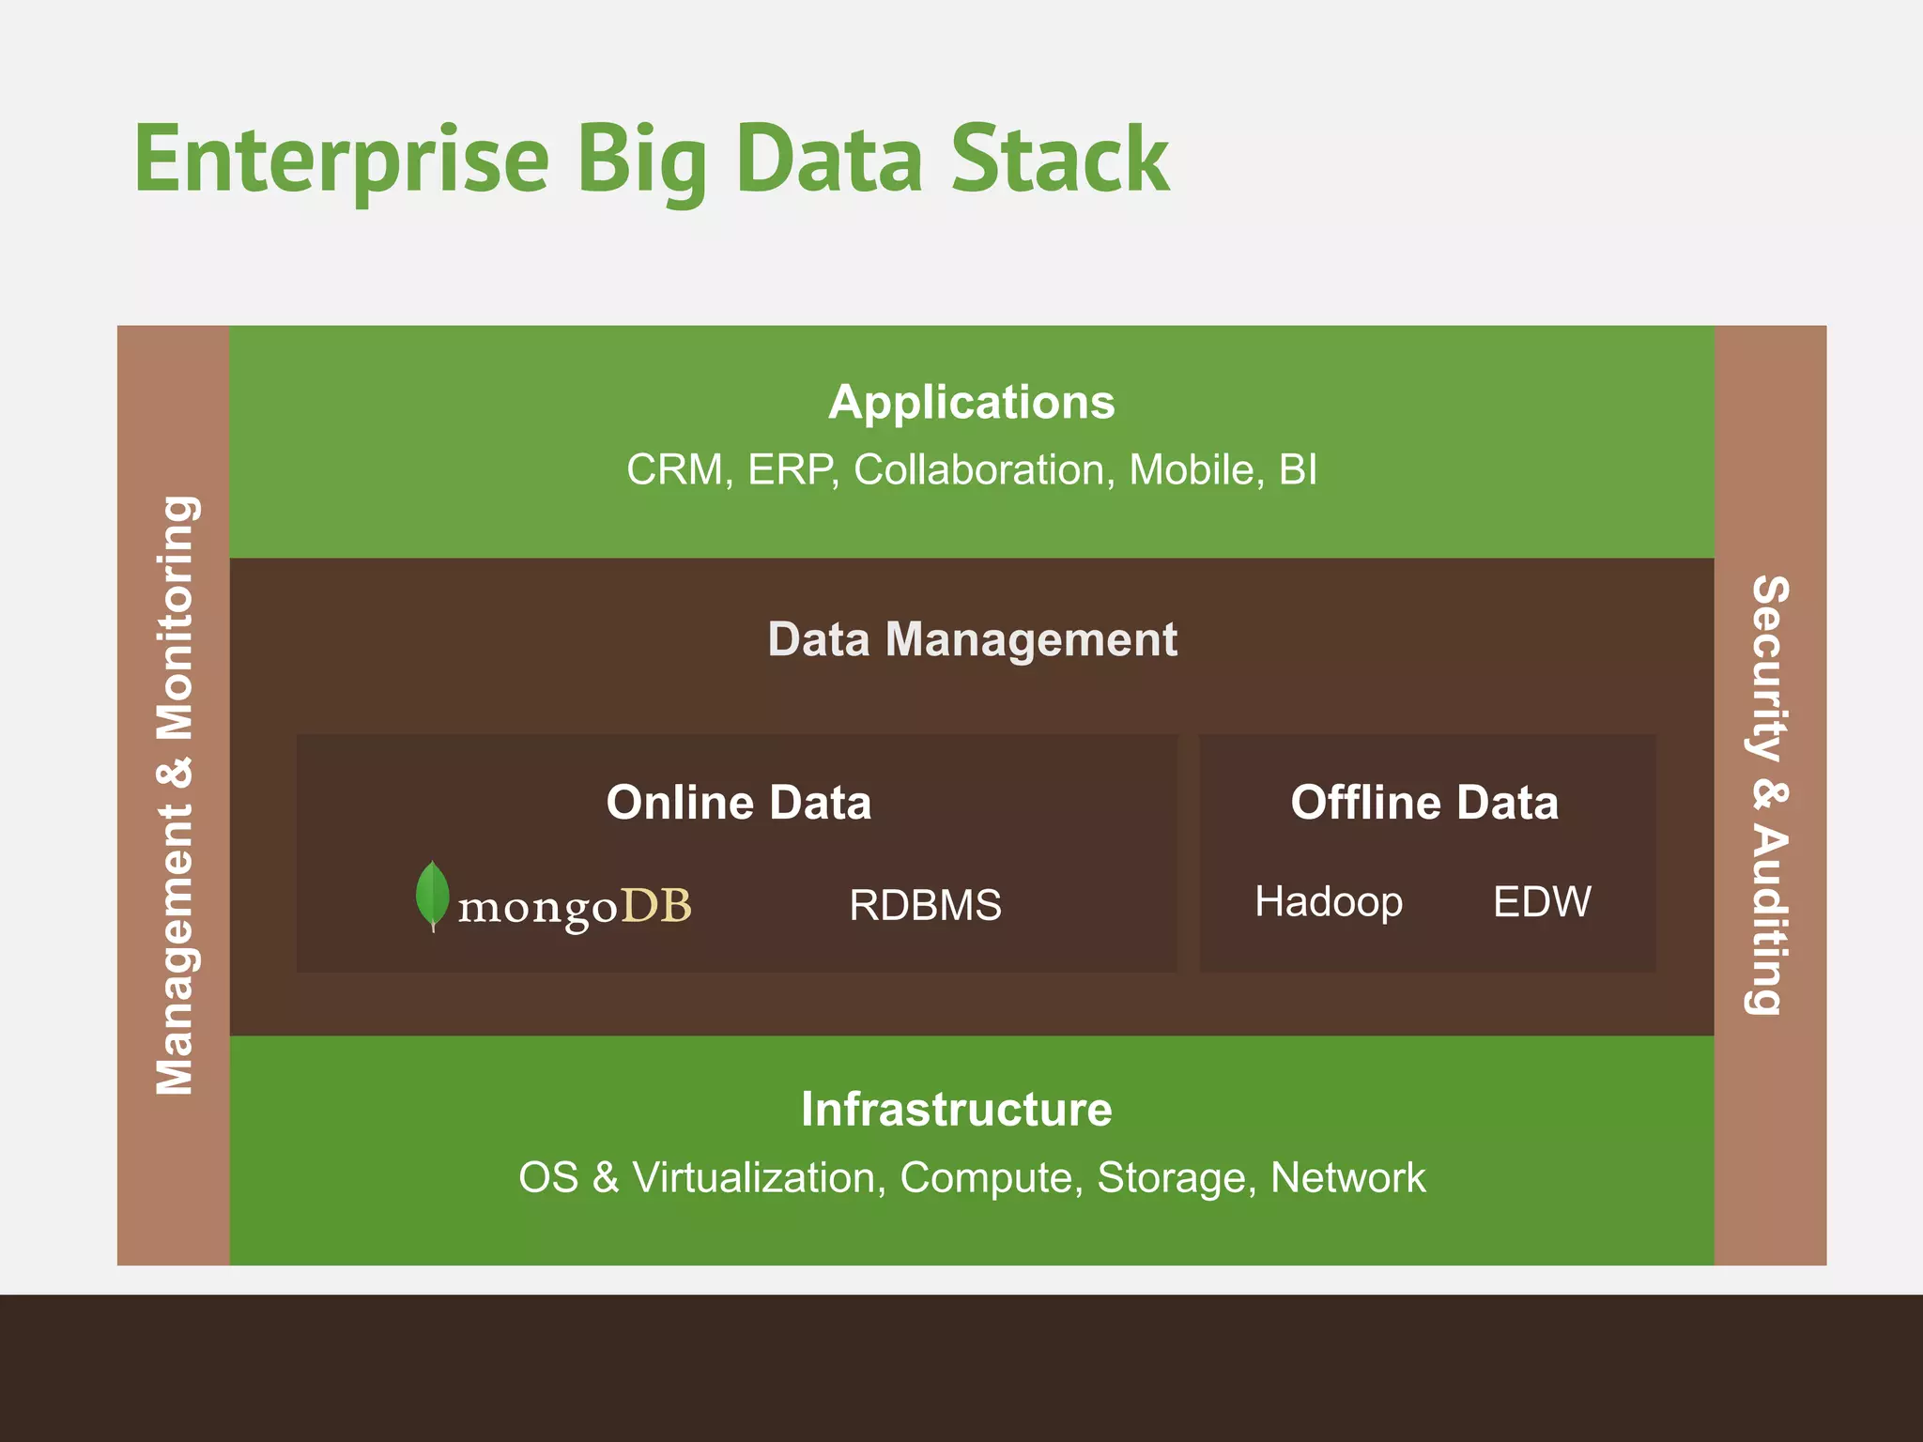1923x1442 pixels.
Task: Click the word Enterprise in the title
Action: (341, 160)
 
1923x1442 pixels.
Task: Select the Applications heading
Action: (971, 403)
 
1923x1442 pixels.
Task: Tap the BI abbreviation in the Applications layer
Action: (1298, 469)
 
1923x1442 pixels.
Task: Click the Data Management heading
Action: (971, 640)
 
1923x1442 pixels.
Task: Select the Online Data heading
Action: (738, 803)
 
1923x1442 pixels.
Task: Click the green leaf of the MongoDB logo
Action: (432, 895)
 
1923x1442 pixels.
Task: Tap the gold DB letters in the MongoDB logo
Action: (656, 906)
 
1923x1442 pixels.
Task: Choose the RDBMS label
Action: (925, 906)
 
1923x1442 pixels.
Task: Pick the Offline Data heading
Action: (1423, 803)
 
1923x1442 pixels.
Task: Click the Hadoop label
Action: (1328, 902)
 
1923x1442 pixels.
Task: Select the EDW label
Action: (1542, 902)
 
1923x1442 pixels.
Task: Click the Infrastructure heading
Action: (956, 1110)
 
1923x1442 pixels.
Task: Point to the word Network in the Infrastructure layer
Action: (1347, 1178)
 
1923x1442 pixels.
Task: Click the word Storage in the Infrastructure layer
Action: (1177, 1178)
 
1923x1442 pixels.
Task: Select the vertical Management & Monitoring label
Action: (175, 795)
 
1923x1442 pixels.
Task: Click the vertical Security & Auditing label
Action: (1770, 795)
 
